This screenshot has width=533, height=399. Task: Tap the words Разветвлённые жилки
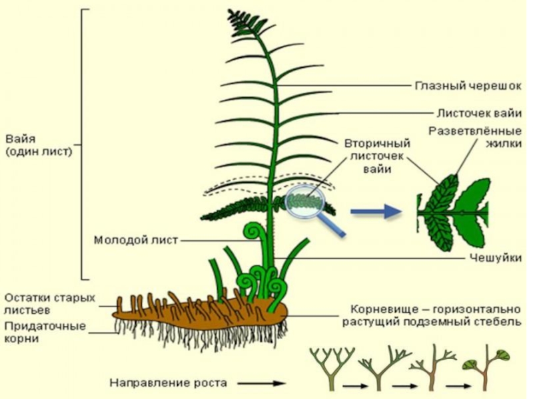475,136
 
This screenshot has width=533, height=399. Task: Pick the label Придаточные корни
45,332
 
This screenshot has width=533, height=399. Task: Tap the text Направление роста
168,383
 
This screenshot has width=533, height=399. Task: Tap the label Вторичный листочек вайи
376,156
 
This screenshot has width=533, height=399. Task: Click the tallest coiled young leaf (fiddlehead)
253,231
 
